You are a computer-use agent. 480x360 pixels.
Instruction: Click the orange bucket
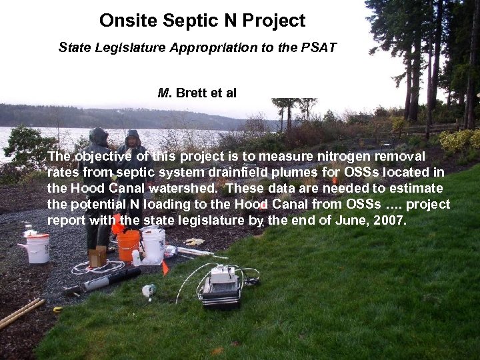click(128, 245)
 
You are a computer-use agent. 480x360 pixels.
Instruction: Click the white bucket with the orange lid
click(37, 247)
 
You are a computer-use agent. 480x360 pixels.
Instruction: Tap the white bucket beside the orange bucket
click(153, 245)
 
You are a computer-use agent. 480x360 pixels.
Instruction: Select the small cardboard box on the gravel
click(97, 256)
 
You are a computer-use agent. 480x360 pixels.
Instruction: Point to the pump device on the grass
click(221, 287)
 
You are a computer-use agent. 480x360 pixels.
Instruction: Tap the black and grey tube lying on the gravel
click(100, 280)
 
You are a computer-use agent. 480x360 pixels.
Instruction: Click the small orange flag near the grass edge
click(165, 267)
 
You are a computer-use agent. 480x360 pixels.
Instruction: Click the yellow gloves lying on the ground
click(194, 242)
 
